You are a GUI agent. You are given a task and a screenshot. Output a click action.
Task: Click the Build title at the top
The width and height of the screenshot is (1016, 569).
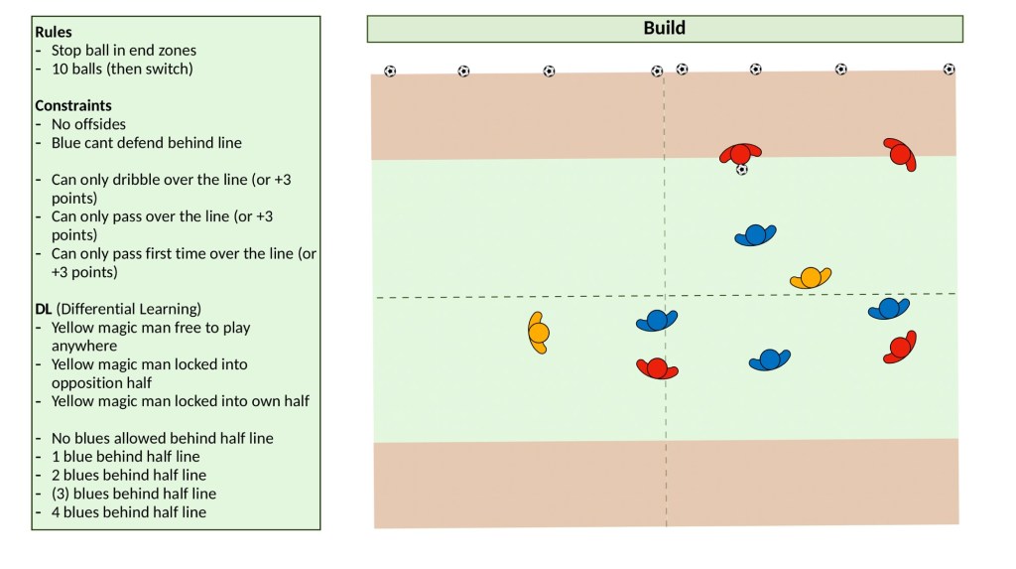click(664, 28)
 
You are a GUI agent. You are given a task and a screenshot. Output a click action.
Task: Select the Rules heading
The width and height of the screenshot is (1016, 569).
click(53, 32)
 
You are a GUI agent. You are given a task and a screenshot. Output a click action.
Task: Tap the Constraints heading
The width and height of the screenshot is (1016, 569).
click(72, 105)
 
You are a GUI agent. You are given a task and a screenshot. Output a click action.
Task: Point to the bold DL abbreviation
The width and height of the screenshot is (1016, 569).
click(44, 309)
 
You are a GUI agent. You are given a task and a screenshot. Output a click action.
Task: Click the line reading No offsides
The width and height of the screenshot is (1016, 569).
click(88, 124)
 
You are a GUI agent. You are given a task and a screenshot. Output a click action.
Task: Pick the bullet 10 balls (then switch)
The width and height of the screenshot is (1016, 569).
click(121, 69)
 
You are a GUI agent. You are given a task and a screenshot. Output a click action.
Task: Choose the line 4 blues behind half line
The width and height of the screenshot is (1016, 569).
click(128, 512)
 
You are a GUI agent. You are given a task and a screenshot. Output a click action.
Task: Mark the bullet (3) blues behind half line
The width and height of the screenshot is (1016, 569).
click(133, 494)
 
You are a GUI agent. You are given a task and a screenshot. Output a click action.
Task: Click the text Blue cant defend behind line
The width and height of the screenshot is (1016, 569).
click(146, 142)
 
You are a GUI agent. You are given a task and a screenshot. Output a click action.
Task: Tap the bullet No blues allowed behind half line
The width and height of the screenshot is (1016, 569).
click(162, 438)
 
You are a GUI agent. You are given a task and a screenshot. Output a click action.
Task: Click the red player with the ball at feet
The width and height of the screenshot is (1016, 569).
click(740, 153)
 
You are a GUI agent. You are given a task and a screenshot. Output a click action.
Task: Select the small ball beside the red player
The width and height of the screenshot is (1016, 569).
click(741, 170)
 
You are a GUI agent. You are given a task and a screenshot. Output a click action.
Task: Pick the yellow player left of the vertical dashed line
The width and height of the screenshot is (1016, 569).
click(537, 333)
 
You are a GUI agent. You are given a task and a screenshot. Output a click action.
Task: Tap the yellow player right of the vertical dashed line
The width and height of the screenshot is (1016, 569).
click(811, 278)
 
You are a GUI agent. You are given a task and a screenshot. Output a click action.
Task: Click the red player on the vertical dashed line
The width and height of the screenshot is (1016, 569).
click(657, 368)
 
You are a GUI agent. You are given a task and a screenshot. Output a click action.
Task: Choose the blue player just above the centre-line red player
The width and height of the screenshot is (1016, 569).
click(656, 320)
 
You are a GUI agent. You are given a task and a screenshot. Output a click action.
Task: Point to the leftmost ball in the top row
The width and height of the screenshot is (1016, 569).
click(390, 71)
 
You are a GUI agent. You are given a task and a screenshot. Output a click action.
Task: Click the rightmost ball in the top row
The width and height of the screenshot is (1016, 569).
click(949, 70)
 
